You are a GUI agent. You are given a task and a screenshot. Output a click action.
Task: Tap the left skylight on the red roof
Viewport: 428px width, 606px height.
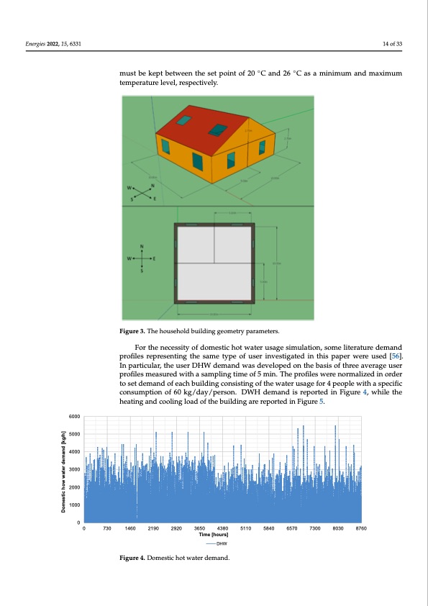coord(186,120)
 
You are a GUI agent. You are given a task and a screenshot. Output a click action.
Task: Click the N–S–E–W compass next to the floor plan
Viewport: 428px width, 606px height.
coord(142,258)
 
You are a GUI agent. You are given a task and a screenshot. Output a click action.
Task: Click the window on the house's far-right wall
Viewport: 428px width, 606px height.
coord(263,146)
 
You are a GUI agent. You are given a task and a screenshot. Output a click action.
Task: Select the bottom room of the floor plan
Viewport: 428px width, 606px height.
coord(214,281)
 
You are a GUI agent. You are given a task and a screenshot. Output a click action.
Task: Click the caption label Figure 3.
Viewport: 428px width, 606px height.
coord(135,331)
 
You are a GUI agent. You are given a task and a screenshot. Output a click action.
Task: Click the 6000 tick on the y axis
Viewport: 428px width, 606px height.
coord(73,416)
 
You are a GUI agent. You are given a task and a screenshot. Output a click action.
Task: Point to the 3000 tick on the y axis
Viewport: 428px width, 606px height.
coord(73,469)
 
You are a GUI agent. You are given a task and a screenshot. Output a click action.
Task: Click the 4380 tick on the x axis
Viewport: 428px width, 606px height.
coord(222,529)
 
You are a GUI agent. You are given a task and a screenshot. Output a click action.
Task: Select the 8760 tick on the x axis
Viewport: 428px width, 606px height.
coord(362,529)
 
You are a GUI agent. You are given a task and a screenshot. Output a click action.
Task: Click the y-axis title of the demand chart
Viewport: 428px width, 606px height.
coord(63,471)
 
